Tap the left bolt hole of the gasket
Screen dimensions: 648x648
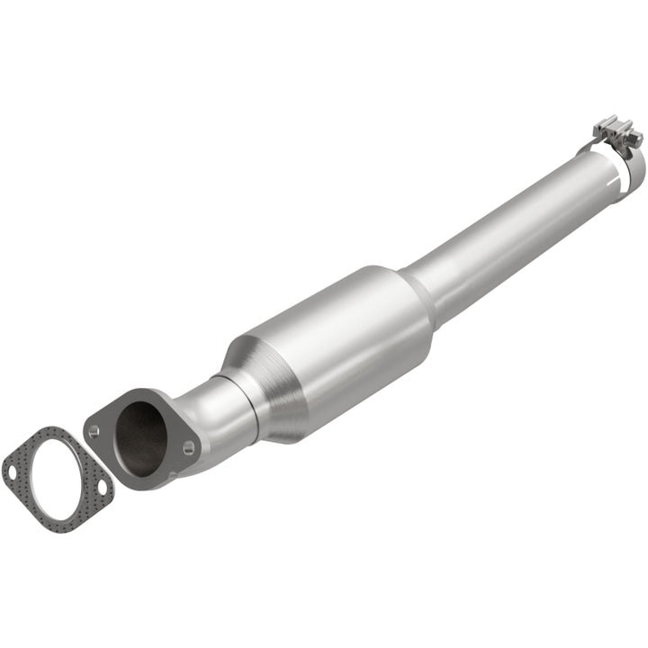click(13, 469)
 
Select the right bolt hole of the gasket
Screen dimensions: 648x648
click(101, 487)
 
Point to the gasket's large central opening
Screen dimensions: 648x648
click(56, 478)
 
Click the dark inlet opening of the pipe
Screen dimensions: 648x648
click(139, 438)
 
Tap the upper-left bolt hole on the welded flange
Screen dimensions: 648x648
click(94, 430)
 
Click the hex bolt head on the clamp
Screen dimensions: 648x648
click(635, 137)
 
